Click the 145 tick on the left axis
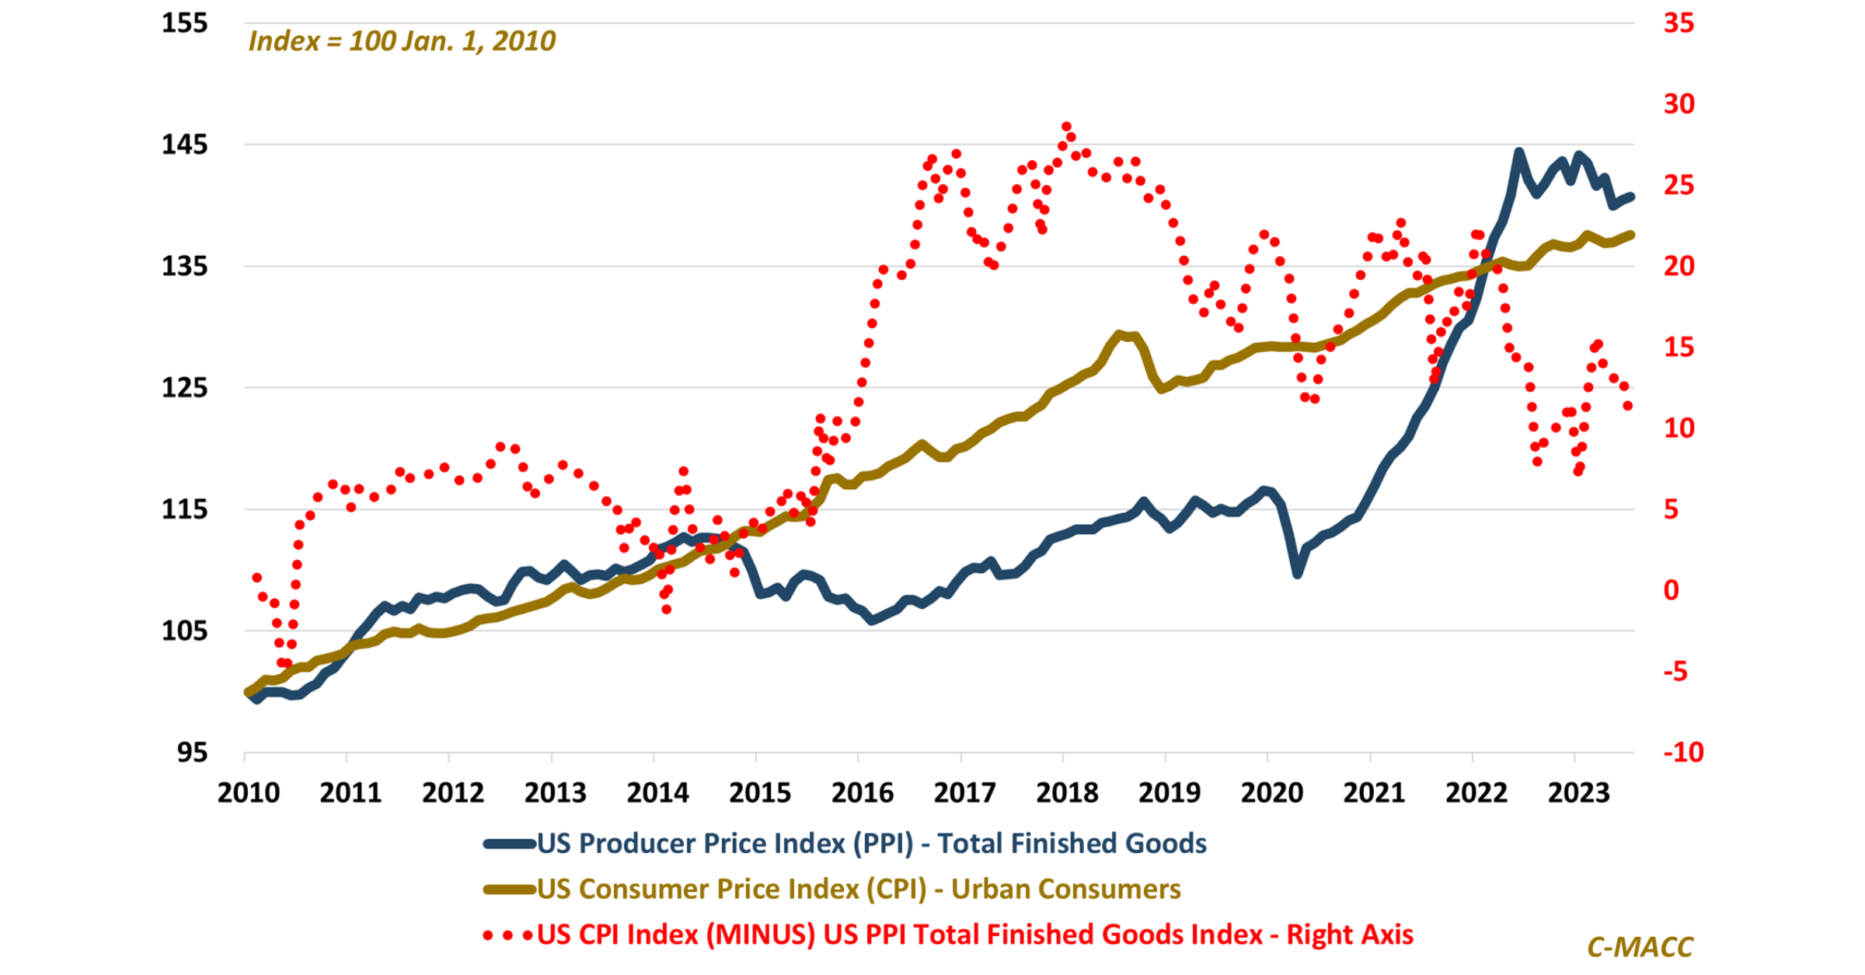click(185, 145)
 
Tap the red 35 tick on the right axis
click(1678, 23)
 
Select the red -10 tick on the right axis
click(1683, 752)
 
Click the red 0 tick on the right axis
click(1671, 590)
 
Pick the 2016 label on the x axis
click(862, 793)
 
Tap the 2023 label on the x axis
click(1578, 793)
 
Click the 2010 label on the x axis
click(248, 793)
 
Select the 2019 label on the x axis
click(1169, 793)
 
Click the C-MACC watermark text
click(1640, 946)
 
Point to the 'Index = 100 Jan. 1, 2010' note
click(402, 41)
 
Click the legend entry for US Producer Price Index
click(870, 844)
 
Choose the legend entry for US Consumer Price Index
click(858, 889)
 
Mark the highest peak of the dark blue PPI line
click(1519, 152)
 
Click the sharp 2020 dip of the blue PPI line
click(1297, 574)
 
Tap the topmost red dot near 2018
click(1066, 127)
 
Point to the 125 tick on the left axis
click(185, 387)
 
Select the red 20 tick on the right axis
click(1678, 266)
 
